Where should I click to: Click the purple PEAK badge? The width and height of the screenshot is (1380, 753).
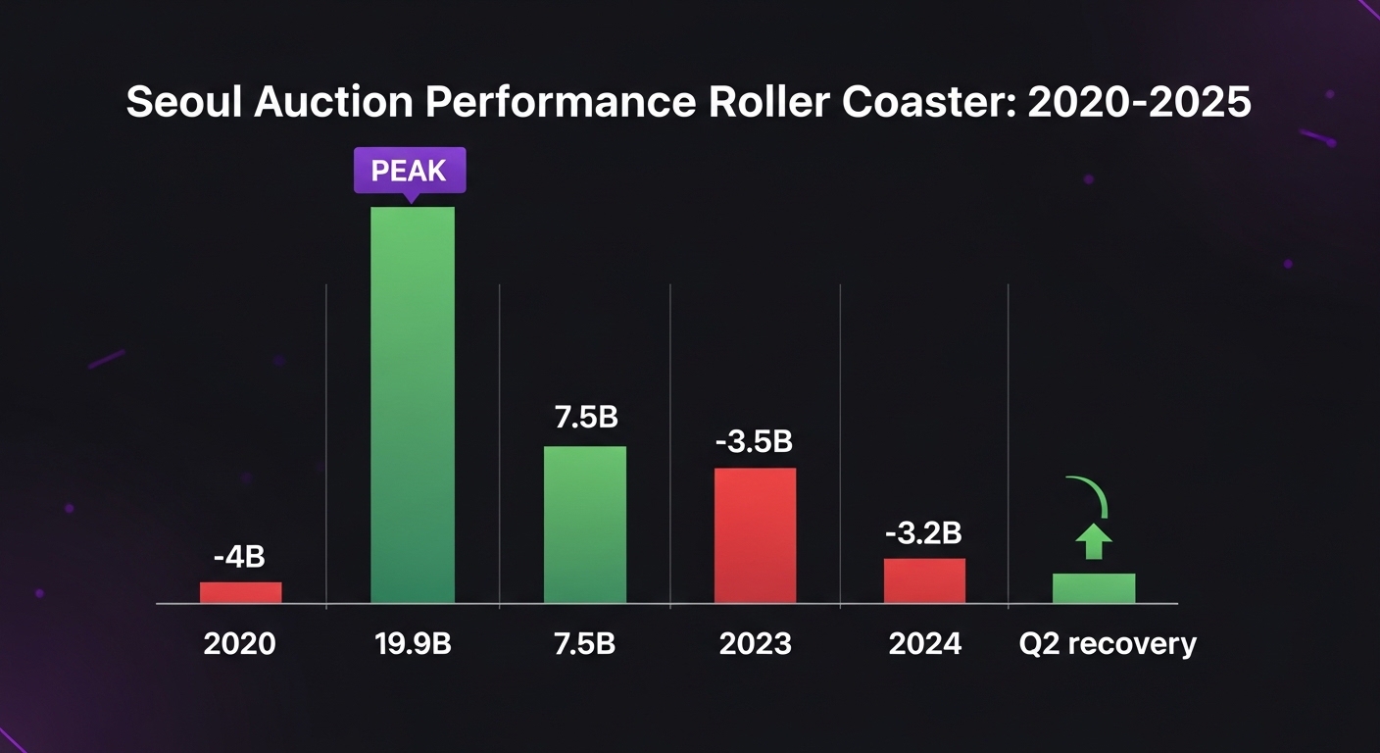click(x=409, y=171)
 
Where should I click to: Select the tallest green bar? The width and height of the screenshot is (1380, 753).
click(x=413, y=404)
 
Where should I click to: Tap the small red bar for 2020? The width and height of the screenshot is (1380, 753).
click(x=240, y=592)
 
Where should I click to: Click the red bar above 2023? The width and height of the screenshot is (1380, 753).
click(x=755, y=535)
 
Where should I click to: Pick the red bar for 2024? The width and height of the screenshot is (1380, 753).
click(x=924, y=580)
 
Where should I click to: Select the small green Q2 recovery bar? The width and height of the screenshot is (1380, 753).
click(x=1094, y=588)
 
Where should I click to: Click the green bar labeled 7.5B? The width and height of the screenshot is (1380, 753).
click(x=585, y=525)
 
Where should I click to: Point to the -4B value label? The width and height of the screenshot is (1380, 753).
click(x=240, y=558)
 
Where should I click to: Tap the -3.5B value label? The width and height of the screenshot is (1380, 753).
click(x=754, y=442)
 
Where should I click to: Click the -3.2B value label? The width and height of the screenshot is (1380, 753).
click(x=923, y=534)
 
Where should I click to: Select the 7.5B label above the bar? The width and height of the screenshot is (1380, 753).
click(x=586, y=417)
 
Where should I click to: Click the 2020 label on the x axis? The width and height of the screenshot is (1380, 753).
click(x=240, y=644)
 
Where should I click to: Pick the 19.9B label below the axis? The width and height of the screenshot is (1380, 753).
click(x=413, y=644)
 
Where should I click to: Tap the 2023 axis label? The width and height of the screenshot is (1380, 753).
click(x=755, y=644)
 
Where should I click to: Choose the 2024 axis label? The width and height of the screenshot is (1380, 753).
click(x=924, y=644)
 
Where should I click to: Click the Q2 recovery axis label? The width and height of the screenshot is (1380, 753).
click(x=1106, y=644)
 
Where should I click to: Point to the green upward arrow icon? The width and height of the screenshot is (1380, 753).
click(x=1094, y=539)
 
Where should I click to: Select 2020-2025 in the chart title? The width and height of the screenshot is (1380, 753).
click(x=1139, y=103)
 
